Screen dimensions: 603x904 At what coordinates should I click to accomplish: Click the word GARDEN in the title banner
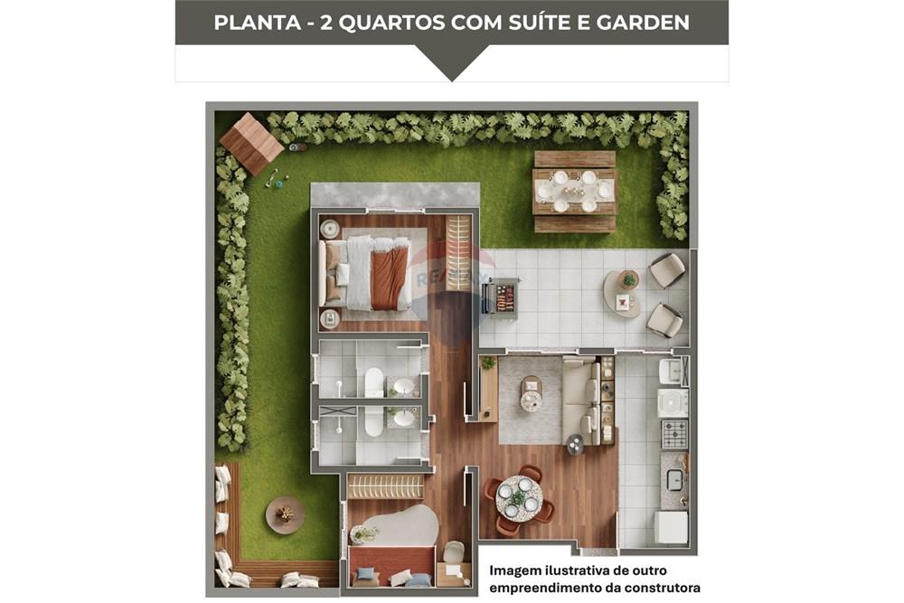[x=643, y=23]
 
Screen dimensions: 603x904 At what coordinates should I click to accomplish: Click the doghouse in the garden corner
[x=251, y=143]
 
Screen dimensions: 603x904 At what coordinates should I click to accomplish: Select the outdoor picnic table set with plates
[x=574, y=192]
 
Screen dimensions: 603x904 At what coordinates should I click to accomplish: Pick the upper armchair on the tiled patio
[x=667, y=269]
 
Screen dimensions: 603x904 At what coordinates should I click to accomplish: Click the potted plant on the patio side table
[x=628, y=279]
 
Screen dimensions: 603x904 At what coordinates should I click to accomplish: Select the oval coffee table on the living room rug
[x=531, y=394]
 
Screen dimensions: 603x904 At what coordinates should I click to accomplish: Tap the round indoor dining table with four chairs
[x=519, y=498]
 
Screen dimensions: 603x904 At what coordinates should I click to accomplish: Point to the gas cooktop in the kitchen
[x=673, y=434]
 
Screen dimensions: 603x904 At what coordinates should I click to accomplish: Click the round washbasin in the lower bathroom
[x=404, y=419]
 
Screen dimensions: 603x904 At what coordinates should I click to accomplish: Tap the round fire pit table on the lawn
[x=285, y=514]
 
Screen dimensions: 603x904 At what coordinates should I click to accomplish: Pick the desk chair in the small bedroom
[x=453, y=551]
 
